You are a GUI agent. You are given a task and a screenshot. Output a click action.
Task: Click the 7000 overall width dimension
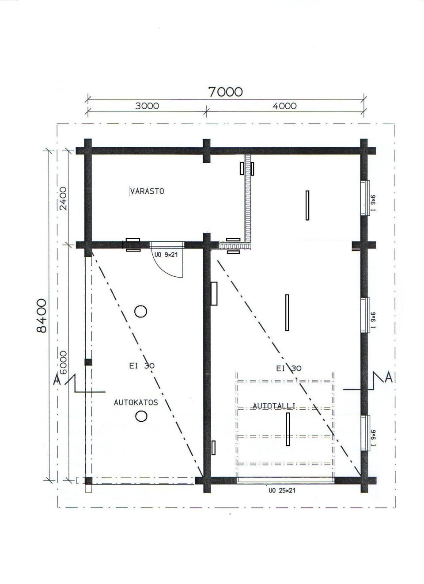(x=226, y=92)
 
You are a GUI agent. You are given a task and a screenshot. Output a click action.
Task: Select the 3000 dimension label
(x=147, y=106)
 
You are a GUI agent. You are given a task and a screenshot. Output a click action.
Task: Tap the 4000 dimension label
(x=284, y=106)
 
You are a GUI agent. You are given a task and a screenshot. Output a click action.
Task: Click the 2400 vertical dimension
(x=63, y=198)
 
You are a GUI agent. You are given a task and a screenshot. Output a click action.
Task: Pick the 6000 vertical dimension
(x=63, y=363)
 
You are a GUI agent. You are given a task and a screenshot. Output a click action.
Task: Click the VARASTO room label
(x=147, y=191)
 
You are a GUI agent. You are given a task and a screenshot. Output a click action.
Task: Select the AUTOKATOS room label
(x=136, y=403)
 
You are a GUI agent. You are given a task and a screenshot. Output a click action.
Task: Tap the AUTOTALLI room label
(x=274, y=406)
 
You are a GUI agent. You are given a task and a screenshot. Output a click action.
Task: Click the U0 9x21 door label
(x=166, y=255)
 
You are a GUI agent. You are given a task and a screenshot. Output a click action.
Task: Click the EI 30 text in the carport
(x=142, y=366)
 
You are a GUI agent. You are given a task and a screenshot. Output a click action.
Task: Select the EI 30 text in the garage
(x=289, y=368)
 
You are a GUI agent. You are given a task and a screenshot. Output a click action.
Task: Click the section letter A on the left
(x=57, y=379)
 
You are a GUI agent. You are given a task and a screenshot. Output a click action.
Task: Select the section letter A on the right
(x=389, y=377)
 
